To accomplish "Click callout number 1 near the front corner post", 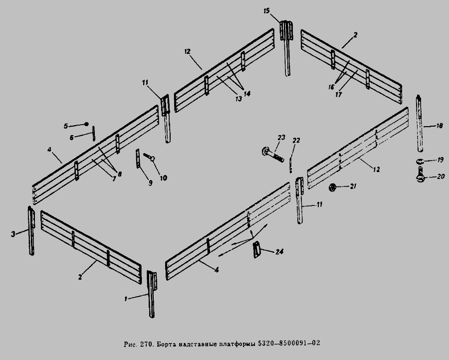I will [126, 298].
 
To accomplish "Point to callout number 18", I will [440, 127].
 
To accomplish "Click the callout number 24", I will [279, 252].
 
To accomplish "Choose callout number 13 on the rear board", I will [238, 99].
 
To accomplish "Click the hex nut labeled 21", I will [331, 187].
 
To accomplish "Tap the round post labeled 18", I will [421, 125].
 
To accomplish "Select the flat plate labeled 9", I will [138, 159].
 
